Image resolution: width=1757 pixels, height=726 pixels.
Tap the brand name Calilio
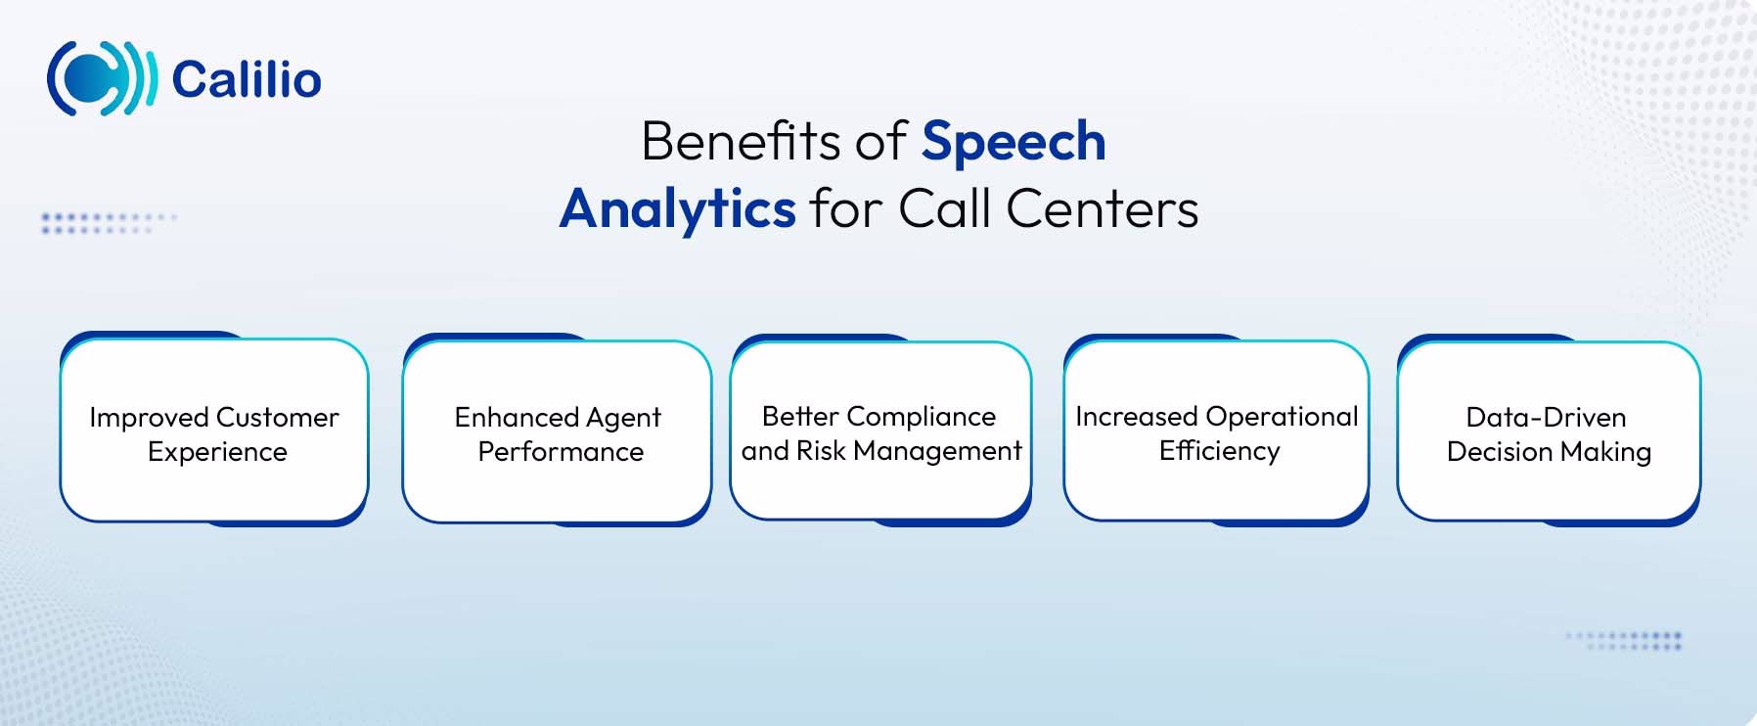247,80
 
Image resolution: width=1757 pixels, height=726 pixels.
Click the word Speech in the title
1014,143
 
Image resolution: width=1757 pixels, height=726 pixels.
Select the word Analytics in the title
677,209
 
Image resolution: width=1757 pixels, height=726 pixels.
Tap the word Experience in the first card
217,452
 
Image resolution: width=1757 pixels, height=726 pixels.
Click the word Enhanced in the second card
516,418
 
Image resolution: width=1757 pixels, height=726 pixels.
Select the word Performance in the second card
561,452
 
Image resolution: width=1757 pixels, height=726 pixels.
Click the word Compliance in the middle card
921,417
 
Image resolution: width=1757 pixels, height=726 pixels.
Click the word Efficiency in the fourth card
1219,451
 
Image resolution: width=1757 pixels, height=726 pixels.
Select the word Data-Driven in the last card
1546,418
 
